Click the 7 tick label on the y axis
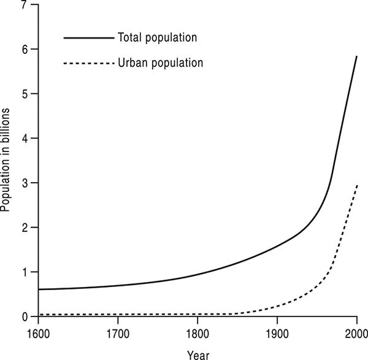point(25,6)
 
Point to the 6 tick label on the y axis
point(25,49)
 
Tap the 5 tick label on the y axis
point(25,94)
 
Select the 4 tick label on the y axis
point(25,139)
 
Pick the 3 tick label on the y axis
point(25,183)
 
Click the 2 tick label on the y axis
point(25,228)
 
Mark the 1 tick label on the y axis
point(25,272)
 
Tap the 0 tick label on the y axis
point(25,316)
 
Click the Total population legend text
point(158,38)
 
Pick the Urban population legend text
point(160,63)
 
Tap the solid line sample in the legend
point(89,38)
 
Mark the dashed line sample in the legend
point(89,63)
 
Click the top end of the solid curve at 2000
point(357,56)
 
